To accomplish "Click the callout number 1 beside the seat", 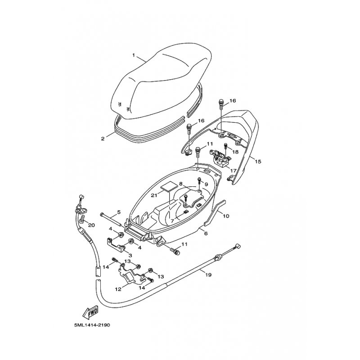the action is coord(134,55).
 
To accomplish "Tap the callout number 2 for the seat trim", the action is coord(103,139).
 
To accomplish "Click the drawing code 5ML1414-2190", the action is coord(92,325).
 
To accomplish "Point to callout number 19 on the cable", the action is coord(208,274).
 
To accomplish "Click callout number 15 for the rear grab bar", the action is coord(258,162).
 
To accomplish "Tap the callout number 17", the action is coord(233,171).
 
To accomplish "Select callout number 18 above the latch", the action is coord(235,152).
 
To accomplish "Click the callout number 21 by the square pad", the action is coord(154,195).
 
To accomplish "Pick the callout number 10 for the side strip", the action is coord(226,216).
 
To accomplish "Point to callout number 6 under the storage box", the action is coord(206,233).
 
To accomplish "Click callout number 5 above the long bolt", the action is coord(119,212).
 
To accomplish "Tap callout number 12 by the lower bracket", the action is coord(118,289).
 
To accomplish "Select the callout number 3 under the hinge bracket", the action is coord(130,255).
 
